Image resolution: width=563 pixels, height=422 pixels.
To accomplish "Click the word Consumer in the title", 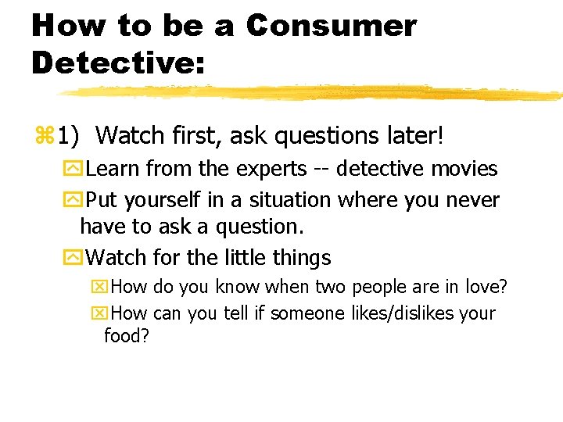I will pos(331,26).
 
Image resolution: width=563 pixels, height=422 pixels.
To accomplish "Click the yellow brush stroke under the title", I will pos(313,93).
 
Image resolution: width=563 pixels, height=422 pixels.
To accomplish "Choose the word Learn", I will pos(113,169).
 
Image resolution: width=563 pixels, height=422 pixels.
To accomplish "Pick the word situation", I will pos(290,200).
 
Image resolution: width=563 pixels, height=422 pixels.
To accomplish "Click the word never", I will pos(472,200).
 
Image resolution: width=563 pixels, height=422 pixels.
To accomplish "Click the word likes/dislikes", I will pos(403,313).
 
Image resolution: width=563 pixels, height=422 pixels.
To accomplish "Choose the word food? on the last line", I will pos(127,337).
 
